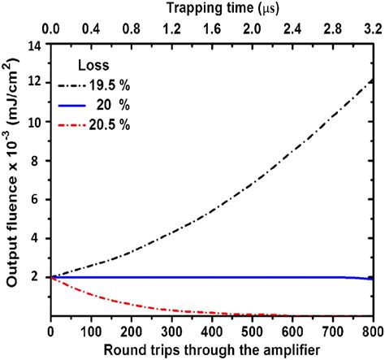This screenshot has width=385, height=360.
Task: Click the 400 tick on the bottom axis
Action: point(211,332)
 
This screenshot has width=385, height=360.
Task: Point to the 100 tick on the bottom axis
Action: point(91,332)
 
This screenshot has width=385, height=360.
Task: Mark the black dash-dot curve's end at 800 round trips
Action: point(372,80)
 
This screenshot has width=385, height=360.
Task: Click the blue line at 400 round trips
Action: point(212,277)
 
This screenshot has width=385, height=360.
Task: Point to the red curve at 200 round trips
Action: point(132,302)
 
